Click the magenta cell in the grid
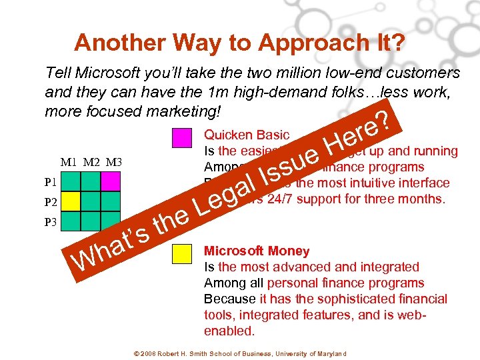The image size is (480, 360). [x=111, y=181]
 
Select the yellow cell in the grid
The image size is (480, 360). [x=71, y=201]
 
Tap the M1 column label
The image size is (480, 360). [x=69, y=162]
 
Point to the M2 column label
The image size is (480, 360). [x=90, y=162]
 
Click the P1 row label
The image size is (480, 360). [x=51, y=181]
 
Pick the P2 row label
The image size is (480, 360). [x=51, y=201]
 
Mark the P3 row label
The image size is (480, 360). [x=51, y=222]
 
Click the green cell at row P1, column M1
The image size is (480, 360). [x=71, y=181]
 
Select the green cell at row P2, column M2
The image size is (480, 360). [x=91, y=201]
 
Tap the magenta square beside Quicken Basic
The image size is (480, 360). [x=181, y=137]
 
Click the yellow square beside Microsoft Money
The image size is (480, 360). [x=181, y=254]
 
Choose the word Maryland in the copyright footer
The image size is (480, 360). [x=332, y=353]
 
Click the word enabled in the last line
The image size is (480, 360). [x=229, y=331]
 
